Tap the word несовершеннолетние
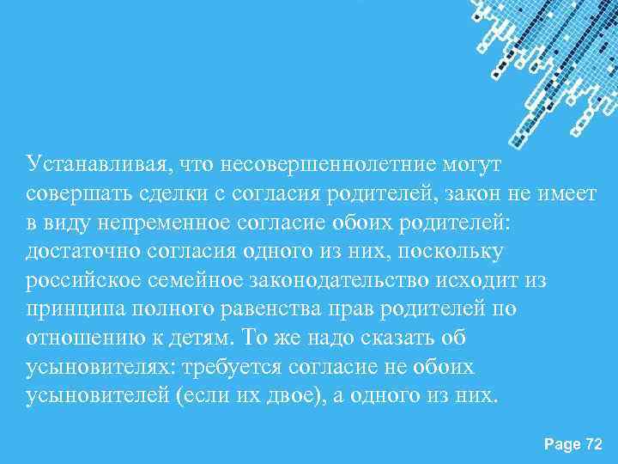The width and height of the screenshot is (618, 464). pyautogui.click(x=342, y=162)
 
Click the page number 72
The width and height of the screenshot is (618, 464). pyautogui.click(x=593, y=443)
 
